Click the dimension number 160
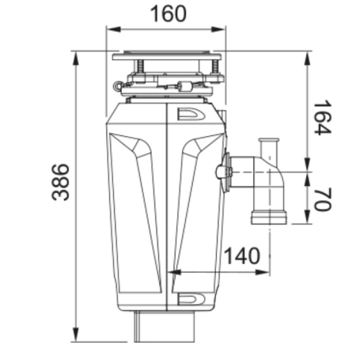pos(167,13)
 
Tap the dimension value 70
pos(320,198)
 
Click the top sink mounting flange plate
pos(167,57)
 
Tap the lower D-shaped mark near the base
pos(192,299)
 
